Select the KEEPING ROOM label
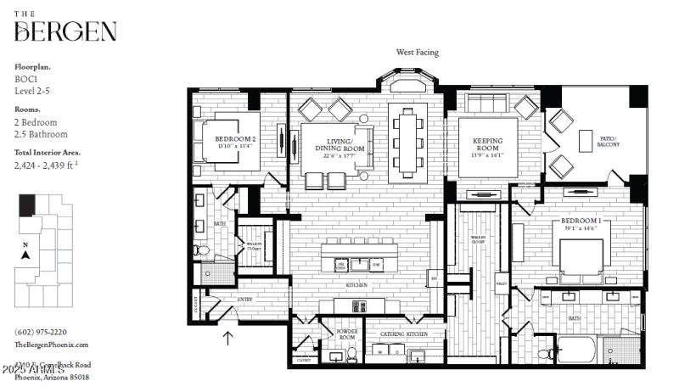coord(487,145)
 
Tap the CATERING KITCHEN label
coord(403,334)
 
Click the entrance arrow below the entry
coord(227,338)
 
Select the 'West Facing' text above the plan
coord(418,52)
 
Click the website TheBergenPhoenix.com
coord(52,345)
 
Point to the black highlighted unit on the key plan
coord(28,205)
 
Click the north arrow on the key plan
coord(25,253)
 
